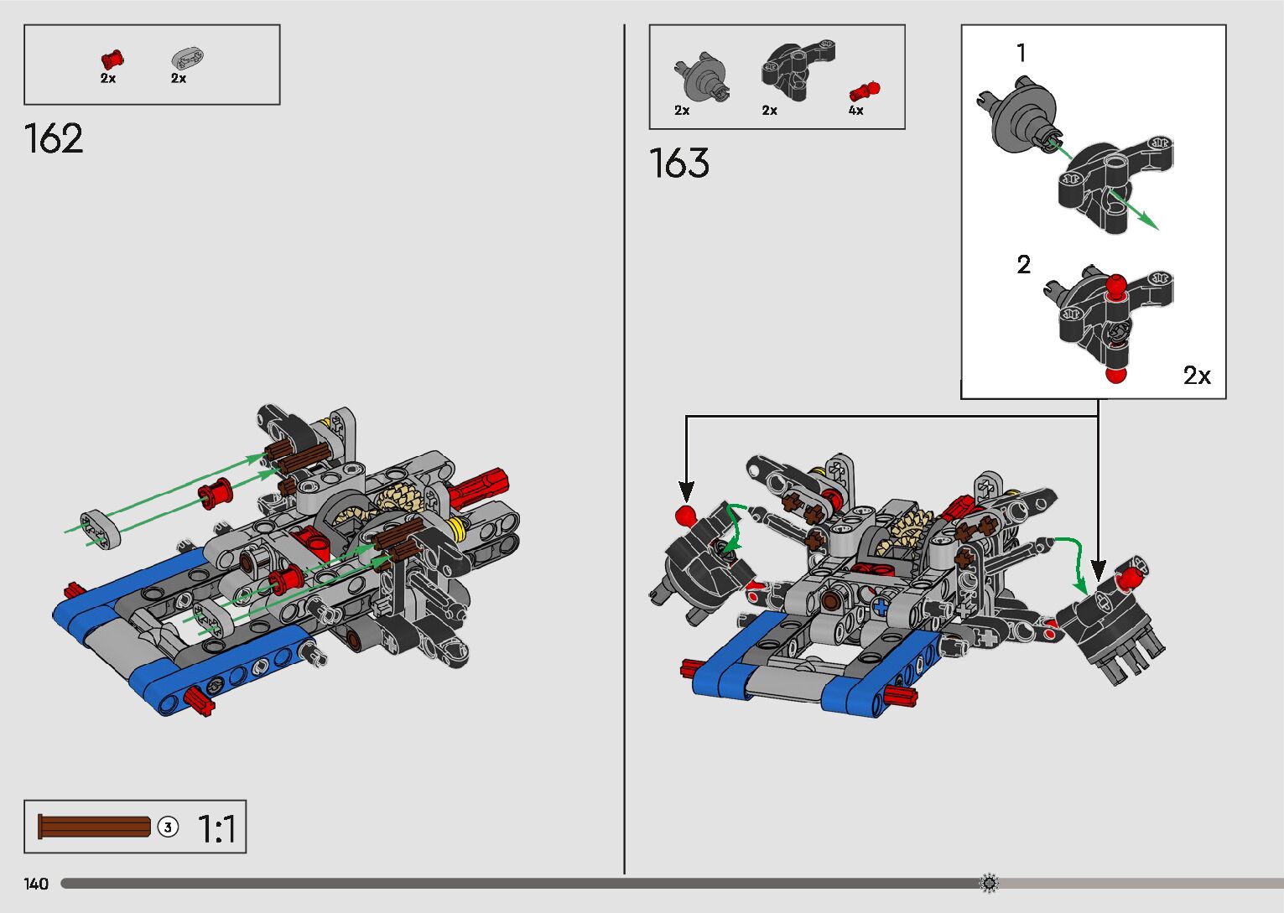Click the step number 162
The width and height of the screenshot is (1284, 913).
pyautogui.click(x=55, y=139)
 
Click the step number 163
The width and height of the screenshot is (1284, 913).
pyautogui.click(x=679, y=163)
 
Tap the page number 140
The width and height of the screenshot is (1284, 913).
pyautogui.click(x=36, y=884)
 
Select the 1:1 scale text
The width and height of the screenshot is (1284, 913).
pyautogui.click(x=216, y=828)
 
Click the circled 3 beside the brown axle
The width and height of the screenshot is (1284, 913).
pyautogui.click(x=168, y=827)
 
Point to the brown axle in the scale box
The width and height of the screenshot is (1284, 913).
pyautogui.click(x=94, y=827)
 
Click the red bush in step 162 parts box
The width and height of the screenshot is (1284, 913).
pyautogui.click(x=112, y=59)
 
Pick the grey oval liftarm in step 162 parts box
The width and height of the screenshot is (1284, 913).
pyautogui.click(x=188, y=58)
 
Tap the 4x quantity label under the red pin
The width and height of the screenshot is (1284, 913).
pyautogui.click(x=855, y=111)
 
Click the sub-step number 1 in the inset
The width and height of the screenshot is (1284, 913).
pyautogui.click(x=1021, y=54)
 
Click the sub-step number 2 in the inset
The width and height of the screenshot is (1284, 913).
pyautogui.click(x=1023, y=265)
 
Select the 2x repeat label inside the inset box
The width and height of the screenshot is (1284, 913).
pyautogui.click(x=1197, y=376)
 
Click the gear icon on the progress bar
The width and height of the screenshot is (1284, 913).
pyautogui.click(x=989, y=883)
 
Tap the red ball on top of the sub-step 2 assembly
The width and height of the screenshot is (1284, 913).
pyautogui.click(x=1115, y=286)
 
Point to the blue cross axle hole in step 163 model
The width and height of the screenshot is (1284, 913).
pyautogui.click(x=880, y=605)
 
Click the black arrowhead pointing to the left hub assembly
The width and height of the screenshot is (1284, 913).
pyautogui.click(x=686, y=493)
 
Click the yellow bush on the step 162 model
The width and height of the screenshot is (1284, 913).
pyautogui.click(x=458, y=528)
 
